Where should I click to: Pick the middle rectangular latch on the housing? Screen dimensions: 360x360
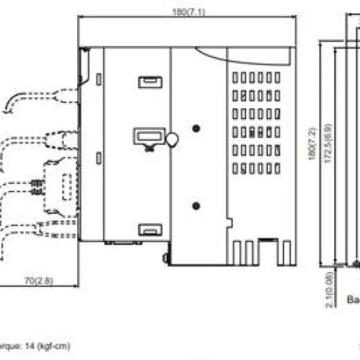coord(147,137)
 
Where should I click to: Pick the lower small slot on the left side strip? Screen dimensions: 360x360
coord(100,157)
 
